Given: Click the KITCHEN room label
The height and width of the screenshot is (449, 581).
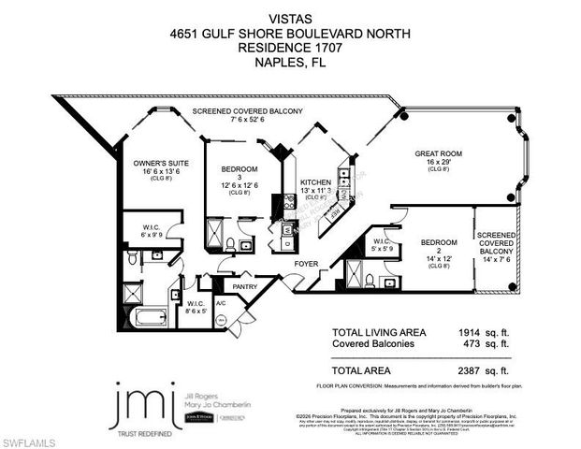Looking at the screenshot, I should point(314,183).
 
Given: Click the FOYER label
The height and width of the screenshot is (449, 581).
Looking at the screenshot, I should point(306,264).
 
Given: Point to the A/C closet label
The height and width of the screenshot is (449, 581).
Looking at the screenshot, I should point(221,304).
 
